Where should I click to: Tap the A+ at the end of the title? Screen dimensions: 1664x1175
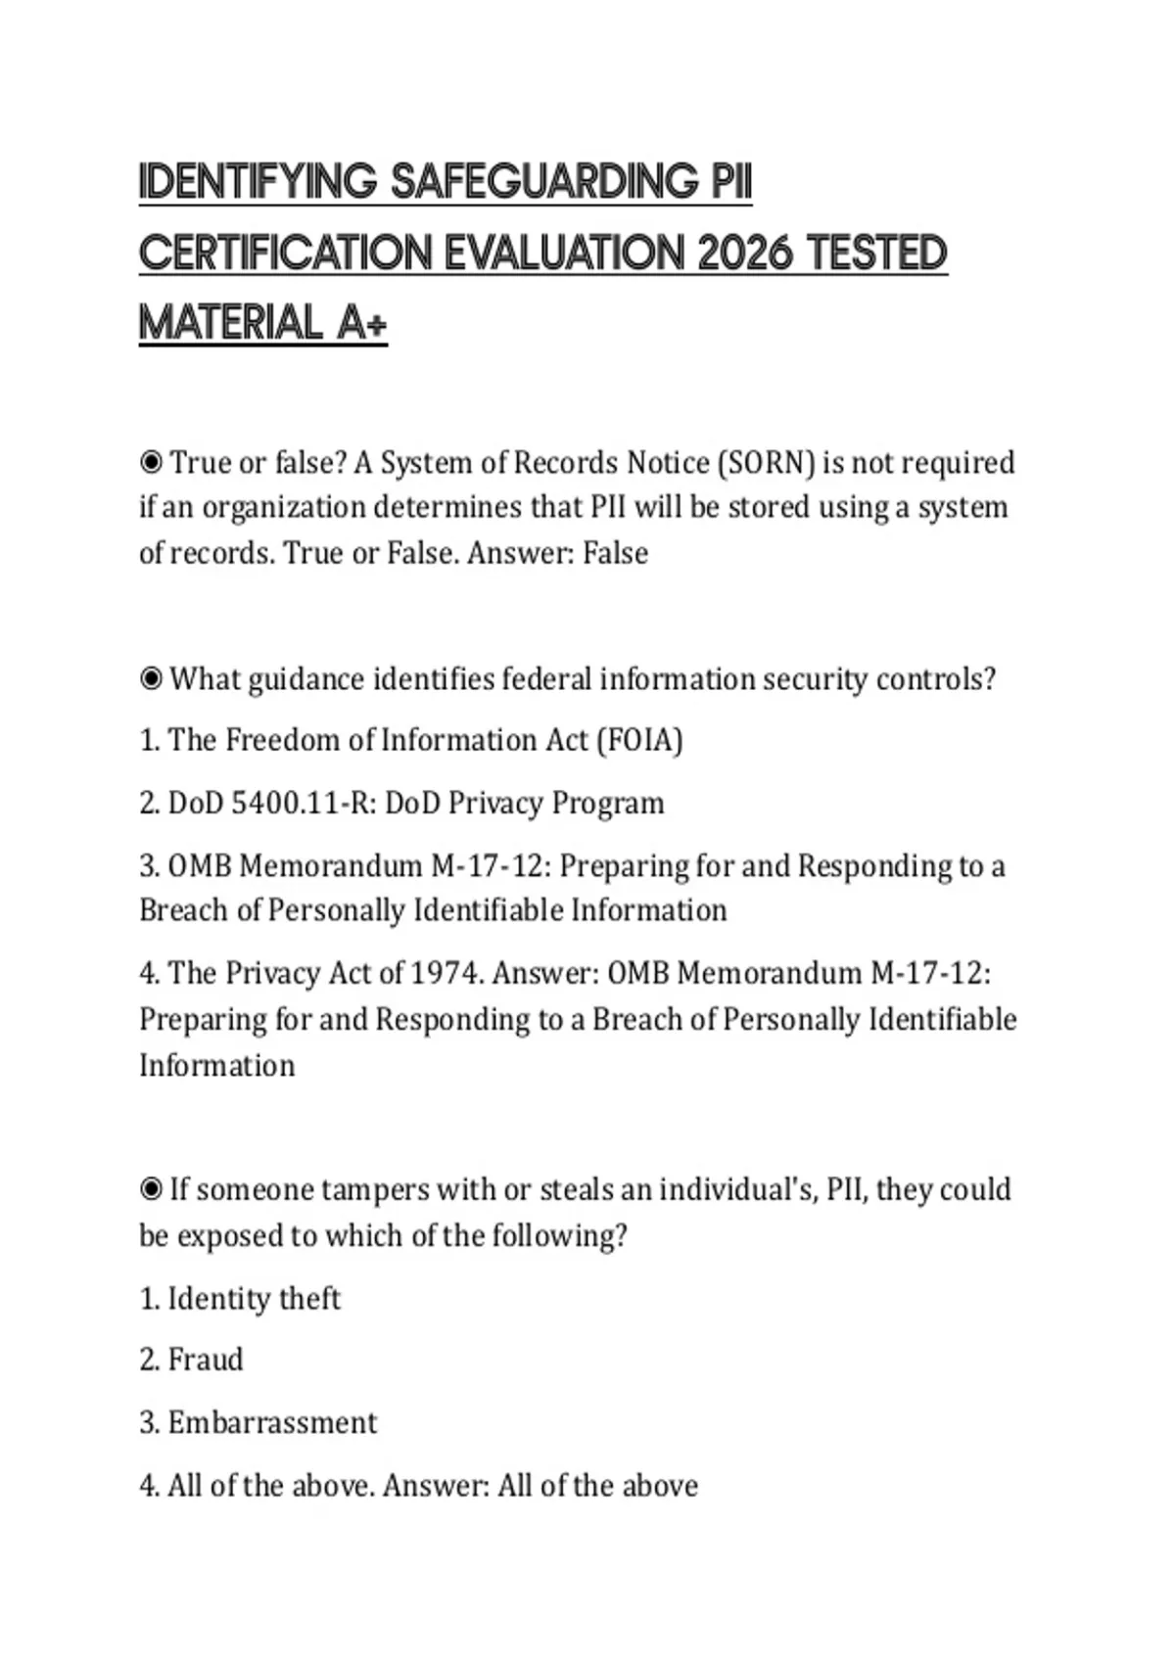[361, 323]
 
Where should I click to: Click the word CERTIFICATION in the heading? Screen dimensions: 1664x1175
[285, 254]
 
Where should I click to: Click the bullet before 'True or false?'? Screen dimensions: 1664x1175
[151, 462]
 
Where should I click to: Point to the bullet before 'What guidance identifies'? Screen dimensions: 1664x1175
[151, 679]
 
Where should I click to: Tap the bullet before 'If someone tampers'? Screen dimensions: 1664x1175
[151, 1190]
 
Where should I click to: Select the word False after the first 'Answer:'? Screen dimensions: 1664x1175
[615, 554]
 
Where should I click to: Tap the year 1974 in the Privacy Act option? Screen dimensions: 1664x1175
[446, 974]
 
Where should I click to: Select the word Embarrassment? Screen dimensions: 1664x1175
[272, 1423]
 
